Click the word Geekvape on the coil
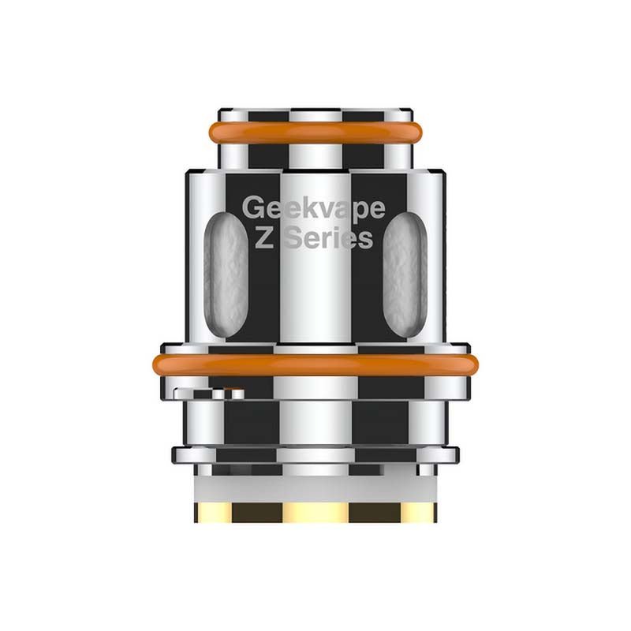tap(313, 208)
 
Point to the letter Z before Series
tap(264, 237)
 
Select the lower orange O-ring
tap(315, 364)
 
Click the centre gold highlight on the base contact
tap(315, 512)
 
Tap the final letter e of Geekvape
tap(376, 209)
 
